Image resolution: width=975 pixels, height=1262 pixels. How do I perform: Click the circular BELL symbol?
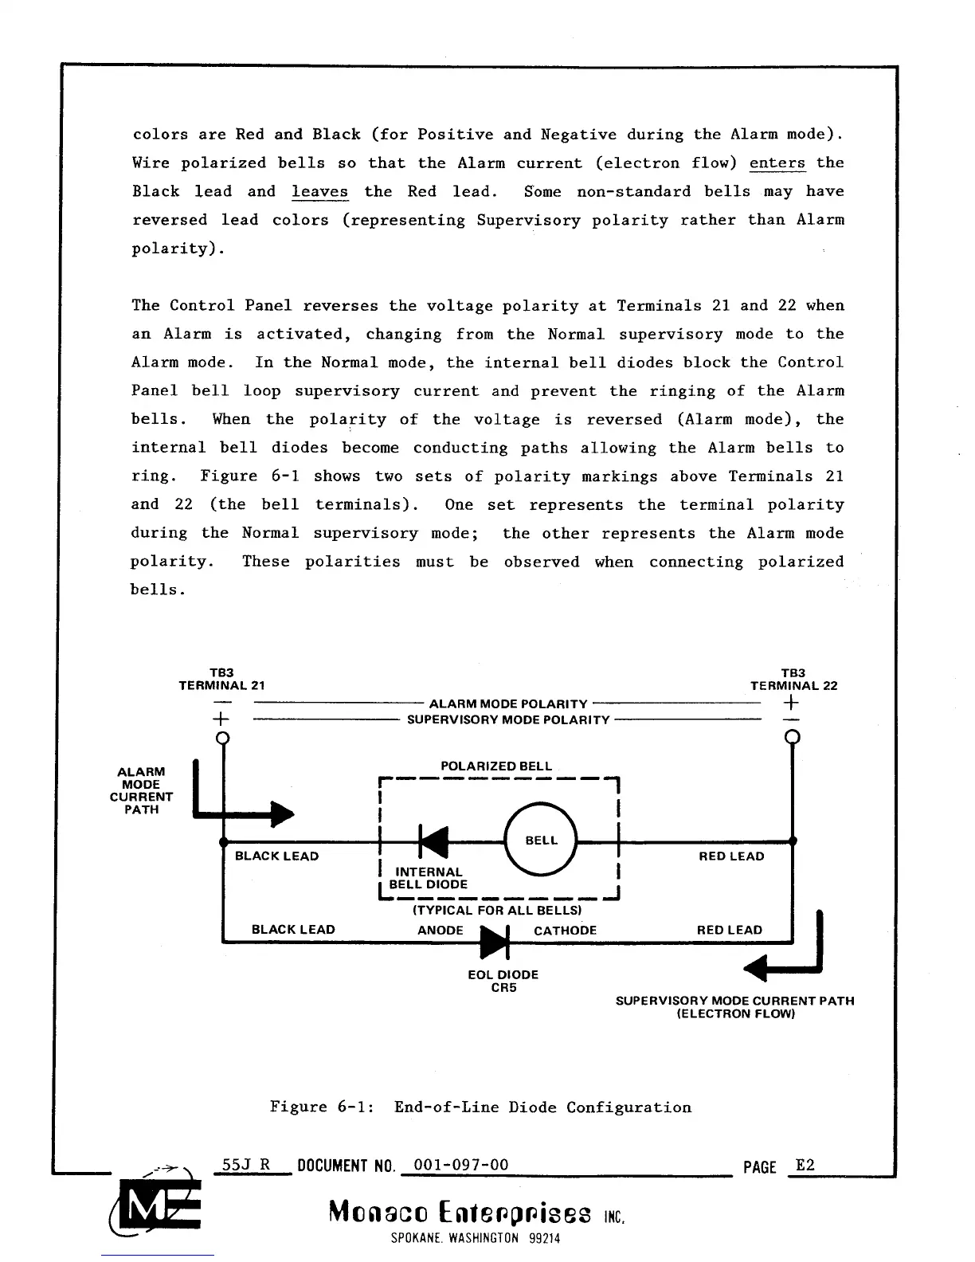(x=542, y=841)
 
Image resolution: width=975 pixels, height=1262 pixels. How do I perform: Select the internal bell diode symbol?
(x=433, y=841)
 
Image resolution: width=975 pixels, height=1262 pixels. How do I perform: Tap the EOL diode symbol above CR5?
(x=495, y=943)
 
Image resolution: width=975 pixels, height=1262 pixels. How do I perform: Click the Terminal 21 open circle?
(x=224, y=738)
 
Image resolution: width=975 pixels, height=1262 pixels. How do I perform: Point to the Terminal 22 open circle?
(x=793, y=738)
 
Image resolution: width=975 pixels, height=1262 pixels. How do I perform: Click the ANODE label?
(x=440, y=931)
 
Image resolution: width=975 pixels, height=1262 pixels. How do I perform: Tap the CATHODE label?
(x=565, y=931)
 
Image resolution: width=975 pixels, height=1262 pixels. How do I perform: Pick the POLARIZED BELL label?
(x=496, y=766)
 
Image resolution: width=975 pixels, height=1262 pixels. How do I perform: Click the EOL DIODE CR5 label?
(x=503, y=981)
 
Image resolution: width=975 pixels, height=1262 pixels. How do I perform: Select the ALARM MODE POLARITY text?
(x=508, y=704)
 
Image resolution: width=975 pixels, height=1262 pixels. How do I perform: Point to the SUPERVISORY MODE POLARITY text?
(x=508, y=720)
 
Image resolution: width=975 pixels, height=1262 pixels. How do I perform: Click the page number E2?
(x=805, y=1166)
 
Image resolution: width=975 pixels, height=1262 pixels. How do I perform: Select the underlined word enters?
(x=777, y=163)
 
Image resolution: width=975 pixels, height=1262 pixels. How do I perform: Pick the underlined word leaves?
(x=319, y=192)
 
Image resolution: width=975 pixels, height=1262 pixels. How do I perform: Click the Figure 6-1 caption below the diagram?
(x=480, y=1107)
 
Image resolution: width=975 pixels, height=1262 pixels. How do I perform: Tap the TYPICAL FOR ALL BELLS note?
(x=497, y=910)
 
